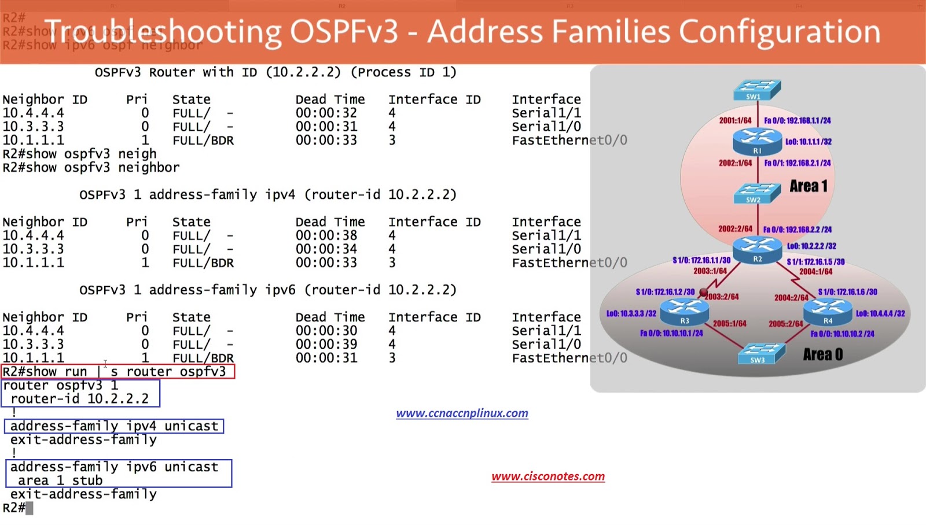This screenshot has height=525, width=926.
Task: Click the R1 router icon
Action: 757,141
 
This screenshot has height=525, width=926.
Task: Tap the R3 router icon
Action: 685,312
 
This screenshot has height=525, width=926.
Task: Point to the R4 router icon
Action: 828,312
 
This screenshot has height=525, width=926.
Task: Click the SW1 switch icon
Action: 757,90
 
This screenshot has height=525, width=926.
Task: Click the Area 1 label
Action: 809,186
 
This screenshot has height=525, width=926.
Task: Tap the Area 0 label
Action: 822,354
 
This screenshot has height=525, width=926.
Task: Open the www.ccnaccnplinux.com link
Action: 462,413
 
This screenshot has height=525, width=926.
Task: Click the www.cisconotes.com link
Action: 548,476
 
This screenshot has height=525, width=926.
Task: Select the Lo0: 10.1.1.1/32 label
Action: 809,142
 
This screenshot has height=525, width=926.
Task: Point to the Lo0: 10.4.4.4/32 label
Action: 880,313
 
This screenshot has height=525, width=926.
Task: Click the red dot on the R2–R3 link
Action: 703,292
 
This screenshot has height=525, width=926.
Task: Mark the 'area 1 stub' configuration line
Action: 60,480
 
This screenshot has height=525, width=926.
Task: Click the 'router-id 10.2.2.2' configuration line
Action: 80,399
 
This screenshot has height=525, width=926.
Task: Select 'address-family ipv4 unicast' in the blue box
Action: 114,426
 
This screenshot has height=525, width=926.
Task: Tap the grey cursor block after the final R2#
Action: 30,508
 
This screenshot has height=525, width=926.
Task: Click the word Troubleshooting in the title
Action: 163,32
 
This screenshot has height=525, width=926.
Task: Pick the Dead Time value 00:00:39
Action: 326,345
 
